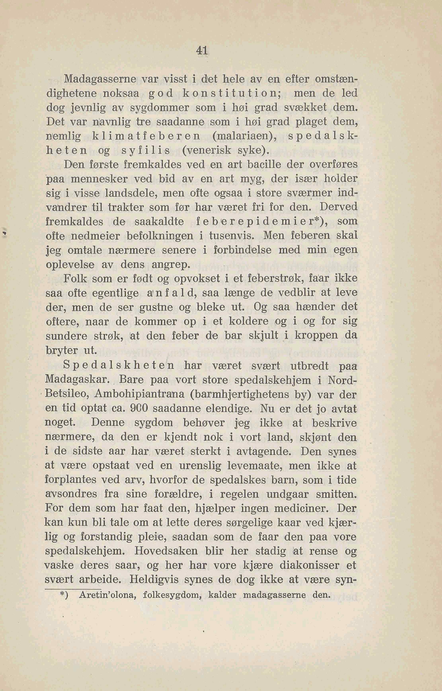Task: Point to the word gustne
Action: click(156, 307)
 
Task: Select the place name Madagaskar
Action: click(77, 380)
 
